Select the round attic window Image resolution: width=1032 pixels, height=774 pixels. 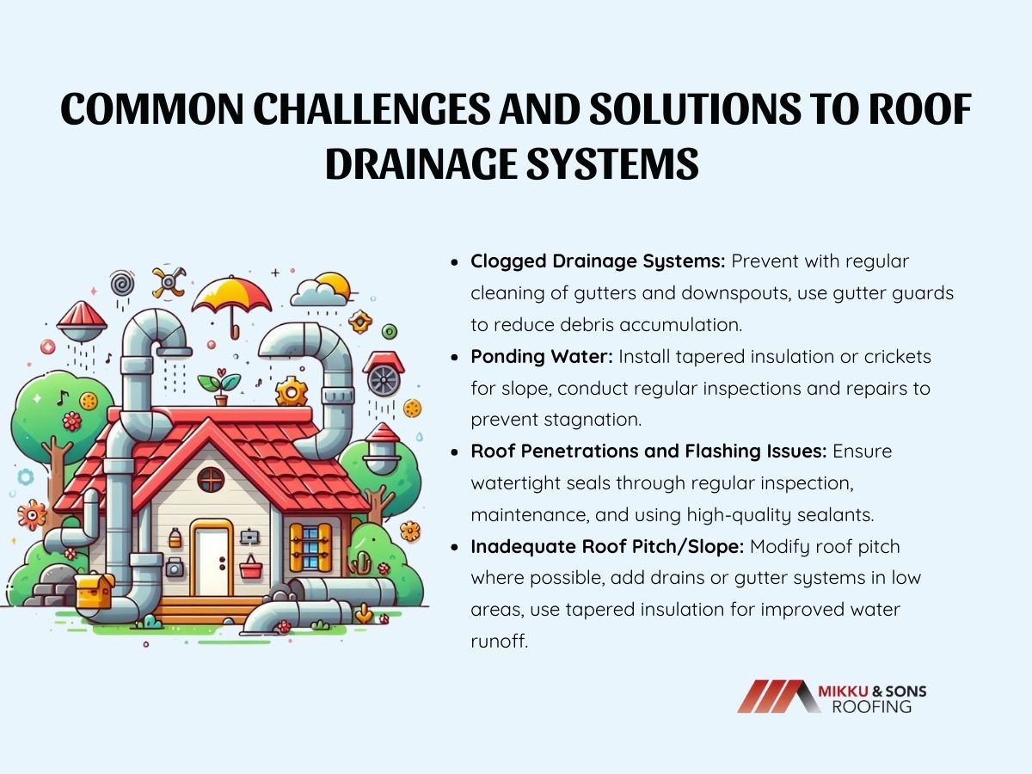(x=211, y=480)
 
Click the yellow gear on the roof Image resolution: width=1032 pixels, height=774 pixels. (x=292, y=392)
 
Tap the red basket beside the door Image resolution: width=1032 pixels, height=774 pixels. (x=251, y=568)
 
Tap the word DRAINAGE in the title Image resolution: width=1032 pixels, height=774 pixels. (x=411, y=162)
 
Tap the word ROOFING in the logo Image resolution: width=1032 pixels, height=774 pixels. (x=871, y=707)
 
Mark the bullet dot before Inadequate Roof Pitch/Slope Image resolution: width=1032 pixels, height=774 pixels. (x=456, y=547)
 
